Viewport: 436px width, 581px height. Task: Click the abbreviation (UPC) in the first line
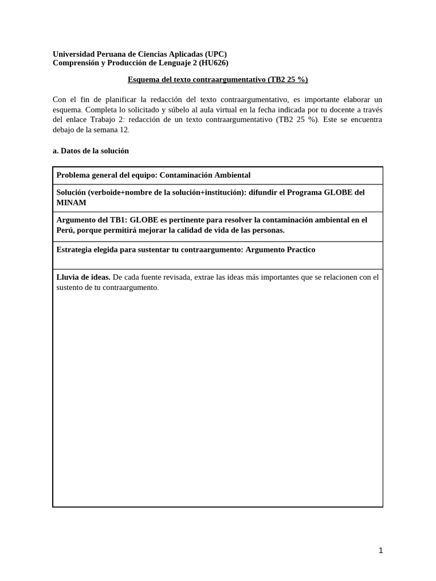[x=216, y=54]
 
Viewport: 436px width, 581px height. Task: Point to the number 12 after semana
[x=124, y=130]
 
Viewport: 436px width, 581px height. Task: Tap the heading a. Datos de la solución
[x=91, y=151]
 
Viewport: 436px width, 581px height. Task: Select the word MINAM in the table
[x=72, y=203]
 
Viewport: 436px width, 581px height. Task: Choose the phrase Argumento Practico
[x=280, y=250]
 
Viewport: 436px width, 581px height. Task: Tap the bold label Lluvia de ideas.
[x=83, y=277]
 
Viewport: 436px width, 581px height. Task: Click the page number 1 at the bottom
[x=381, y=550]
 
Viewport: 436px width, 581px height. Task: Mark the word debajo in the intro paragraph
[x=64, y=130]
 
